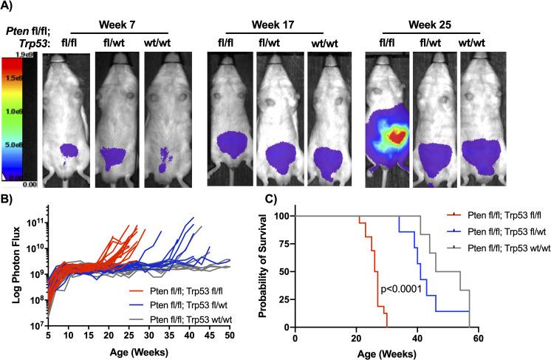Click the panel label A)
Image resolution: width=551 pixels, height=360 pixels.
[x=10, y=7]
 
